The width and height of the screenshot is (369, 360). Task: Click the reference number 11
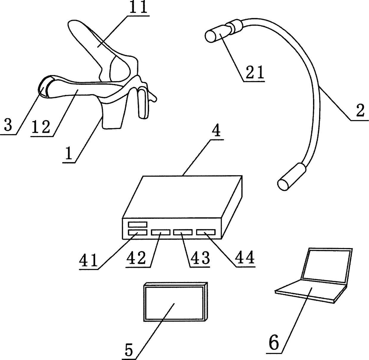tap(138, 8)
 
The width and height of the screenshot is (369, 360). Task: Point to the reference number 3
tap(8, 125)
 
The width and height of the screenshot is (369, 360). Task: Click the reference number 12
tap(41, 127)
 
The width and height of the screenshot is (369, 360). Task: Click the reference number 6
tap(274, 343)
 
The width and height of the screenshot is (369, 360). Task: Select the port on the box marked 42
tap(160, 232)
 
